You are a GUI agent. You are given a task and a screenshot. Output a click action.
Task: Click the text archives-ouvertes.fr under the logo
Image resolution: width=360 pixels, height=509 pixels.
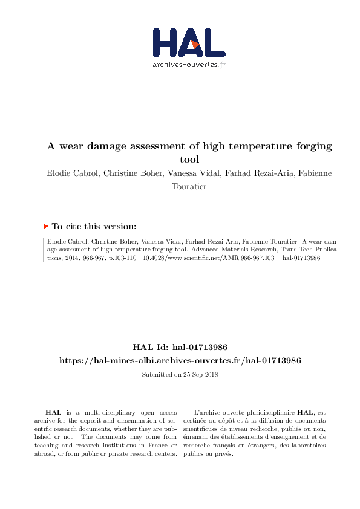(x=189, y=65)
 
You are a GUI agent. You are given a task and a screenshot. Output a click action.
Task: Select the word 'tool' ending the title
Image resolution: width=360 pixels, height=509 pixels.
(x=189, y=160)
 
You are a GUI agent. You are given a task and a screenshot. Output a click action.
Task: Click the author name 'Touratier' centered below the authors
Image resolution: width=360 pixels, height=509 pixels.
(x=189, y=187)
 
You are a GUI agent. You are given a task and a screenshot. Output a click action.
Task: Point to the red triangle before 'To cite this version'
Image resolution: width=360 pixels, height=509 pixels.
(x=45, y=226)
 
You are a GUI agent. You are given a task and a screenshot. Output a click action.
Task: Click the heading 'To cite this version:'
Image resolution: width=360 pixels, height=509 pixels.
(x=94, y=227)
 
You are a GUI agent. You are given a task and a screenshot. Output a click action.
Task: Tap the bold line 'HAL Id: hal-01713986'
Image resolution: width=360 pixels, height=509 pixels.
(x=180, y=348)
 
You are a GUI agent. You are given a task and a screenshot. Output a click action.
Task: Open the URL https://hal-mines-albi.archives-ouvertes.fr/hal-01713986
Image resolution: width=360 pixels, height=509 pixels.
(x=180, y=360)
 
